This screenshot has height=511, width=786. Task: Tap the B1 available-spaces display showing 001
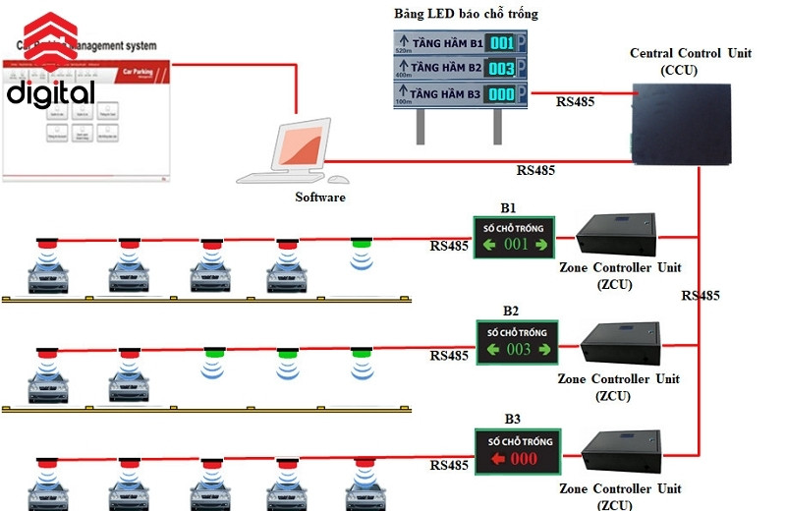click(x=511, y=237)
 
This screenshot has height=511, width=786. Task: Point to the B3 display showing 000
click(x=518, y=451)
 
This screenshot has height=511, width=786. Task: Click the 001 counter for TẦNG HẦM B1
click(x=501, y=43)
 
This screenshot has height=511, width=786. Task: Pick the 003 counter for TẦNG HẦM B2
click(x=501, y=68)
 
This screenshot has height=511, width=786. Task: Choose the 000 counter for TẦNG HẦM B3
click(x=501, y=94)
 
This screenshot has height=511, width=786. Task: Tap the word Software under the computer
click(x=320, y=197)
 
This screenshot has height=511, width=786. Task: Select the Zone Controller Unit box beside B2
click(x=621, y=344)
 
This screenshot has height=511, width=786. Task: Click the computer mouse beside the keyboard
click(x=338, y=180)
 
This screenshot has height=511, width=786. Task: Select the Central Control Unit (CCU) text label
click(x=692, y=61)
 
